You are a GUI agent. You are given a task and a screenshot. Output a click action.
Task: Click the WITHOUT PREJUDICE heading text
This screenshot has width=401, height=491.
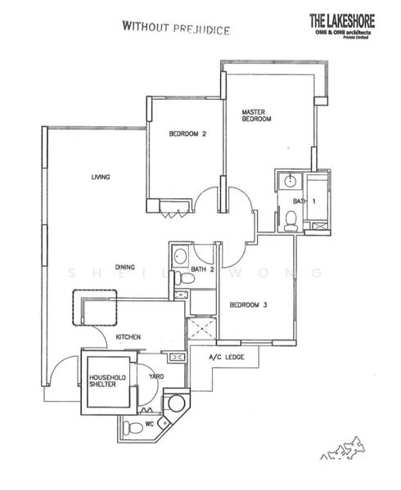(x=175, y=27)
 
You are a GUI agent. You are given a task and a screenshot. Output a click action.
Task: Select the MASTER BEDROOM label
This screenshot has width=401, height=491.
(x=255, y=115)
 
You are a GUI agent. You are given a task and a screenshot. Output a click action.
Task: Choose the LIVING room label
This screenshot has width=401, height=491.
(x=101, y=177)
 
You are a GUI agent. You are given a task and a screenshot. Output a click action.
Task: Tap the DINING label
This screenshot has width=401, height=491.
(x=124, y=266)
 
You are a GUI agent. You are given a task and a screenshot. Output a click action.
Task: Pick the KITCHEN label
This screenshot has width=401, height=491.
(x=128, y=336)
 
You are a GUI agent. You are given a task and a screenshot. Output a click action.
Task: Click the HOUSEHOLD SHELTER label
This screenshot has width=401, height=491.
(x=105, y=381)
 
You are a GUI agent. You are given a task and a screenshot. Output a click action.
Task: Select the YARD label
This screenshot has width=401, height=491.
(x=156, y=377)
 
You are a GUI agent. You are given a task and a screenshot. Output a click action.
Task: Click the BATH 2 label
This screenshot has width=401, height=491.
(x=202, y=268)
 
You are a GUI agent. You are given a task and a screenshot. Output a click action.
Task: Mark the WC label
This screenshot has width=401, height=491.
(x=150, y=424)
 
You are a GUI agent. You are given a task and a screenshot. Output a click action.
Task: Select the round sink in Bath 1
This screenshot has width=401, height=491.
(x=288, y=182)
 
